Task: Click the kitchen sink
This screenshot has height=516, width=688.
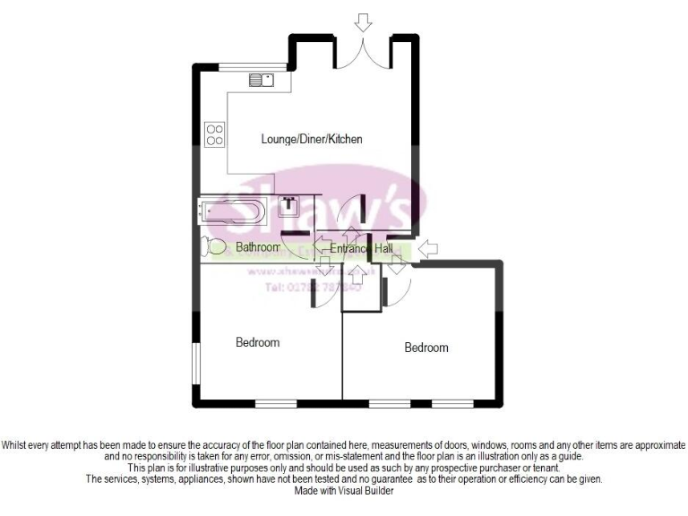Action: point(262,80)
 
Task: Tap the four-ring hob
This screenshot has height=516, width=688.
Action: point(215,133)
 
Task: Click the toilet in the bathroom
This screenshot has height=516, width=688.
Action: point(213,245)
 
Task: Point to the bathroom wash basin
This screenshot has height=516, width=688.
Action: point(289,207)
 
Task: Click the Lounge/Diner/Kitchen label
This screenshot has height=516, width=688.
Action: point(311,140)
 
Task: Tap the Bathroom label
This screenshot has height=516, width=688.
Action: point(258,247)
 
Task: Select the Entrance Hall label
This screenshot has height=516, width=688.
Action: point(361,248)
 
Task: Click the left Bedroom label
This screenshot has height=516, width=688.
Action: point(257,342)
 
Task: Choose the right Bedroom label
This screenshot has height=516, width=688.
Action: point(426,348)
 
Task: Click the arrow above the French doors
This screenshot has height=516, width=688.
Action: point(363,21)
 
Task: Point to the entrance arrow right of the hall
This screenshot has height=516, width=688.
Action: point(429,246)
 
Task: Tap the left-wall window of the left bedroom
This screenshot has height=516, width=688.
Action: point(197,366)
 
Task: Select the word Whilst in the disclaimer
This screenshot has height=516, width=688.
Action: point(19,445)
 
